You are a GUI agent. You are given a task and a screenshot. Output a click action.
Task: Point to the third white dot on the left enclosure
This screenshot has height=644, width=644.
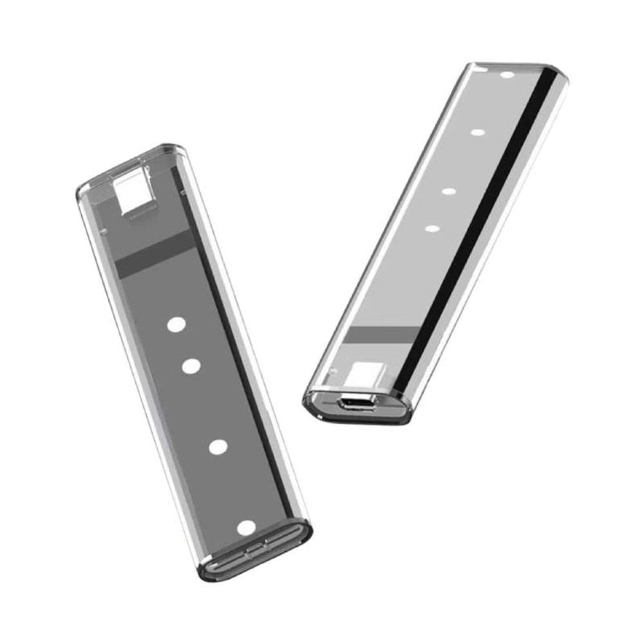219,446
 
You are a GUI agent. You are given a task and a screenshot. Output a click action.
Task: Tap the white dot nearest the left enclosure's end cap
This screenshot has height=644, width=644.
246,528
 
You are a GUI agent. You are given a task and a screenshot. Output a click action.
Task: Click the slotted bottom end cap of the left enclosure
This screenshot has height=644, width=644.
258,555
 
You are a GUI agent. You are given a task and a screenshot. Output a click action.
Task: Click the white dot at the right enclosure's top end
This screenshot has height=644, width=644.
507,75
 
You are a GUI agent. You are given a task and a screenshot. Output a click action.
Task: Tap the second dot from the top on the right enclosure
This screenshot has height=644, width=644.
477,133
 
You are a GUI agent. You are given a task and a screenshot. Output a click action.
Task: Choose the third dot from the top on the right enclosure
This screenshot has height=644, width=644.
449,191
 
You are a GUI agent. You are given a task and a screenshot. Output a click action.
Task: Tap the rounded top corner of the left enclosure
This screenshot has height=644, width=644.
87,187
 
